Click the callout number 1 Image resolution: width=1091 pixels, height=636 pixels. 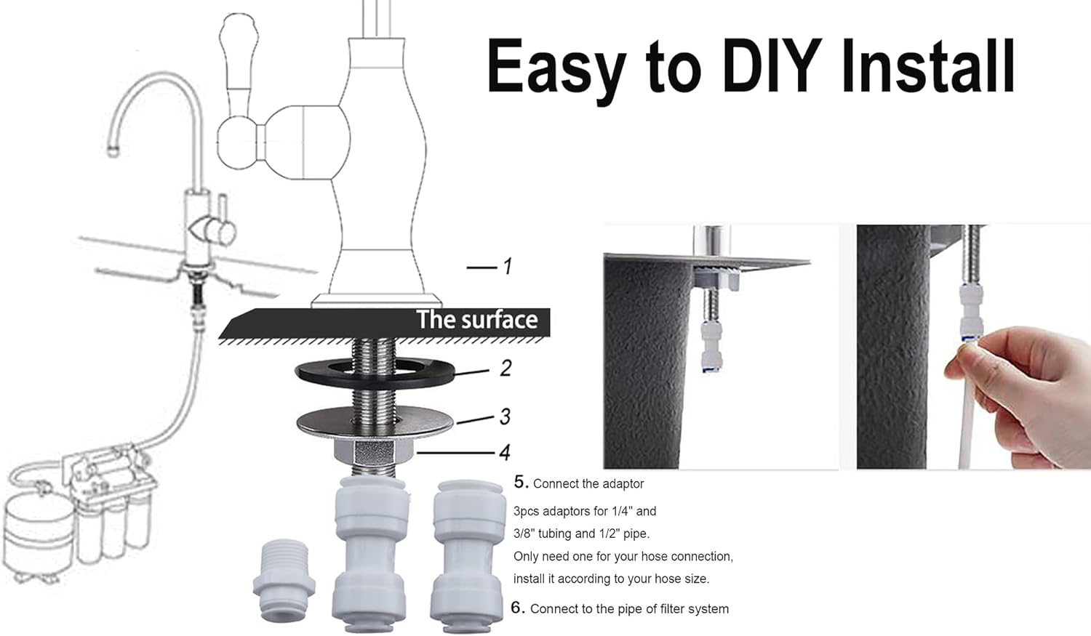tap(507, 266)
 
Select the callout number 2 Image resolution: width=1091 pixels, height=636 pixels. tap(505, 369)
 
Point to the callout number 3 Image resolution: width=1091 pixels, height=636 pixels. tap(505, 416)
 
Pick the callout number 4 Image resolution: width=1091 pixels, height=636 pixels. tap(505, 453)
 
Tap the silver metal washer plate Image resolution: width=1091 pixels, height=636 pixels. tap(375, 422)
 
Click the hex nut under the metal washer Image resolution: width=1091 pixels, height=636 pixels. tap(374, 452)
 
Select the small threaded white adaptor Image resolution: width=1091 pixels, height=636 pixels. tap(284, 581)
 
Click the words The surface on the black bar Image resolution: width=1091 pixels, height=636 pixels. tap(477, 320)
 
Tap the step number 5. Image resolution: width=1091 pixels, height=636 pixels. tap(521, 482)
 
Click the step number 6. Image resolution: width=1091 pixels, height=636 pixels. tap(518, 608)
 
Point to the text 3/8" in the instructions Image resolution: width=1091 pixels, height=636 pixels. tap(525, 534)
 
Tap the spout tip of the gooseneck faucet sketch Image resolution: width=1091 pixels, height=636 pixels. tap(113, 150)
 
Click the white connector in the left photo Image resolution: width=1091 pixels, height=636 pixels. tap(711, 345)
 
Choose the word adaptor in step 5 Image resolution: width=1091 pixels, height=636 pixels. tap(622, 483)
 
